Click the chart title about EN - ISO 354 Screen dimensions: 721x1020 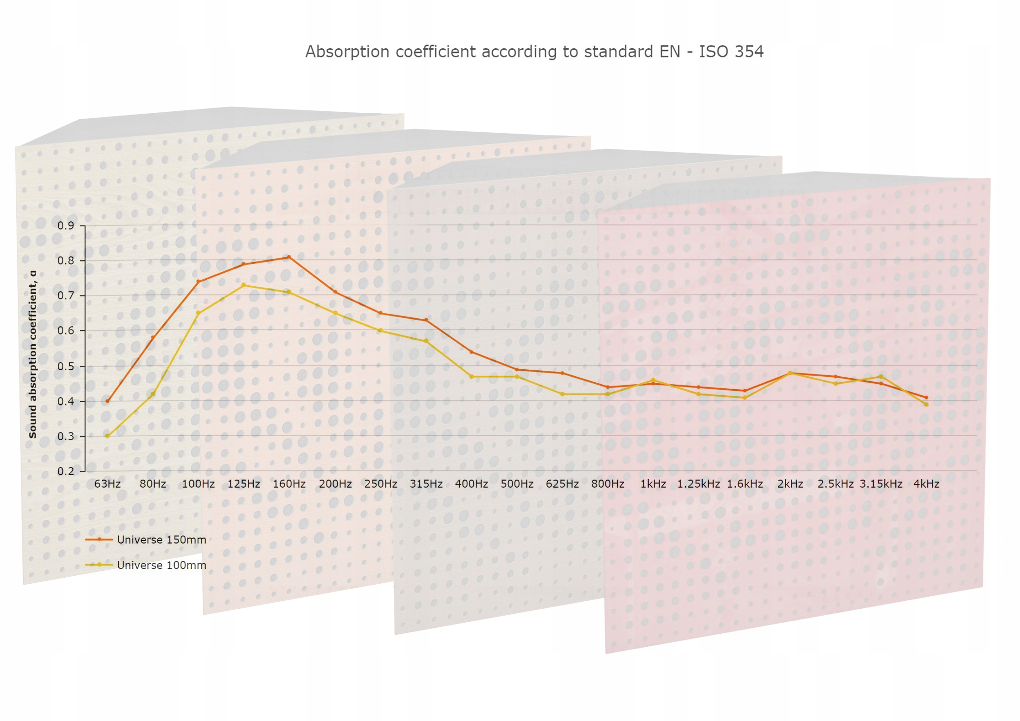(534, 51)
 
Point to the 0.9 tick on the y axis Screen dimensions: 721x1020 (66, 225)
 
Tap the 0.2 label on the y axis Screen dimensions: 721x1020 (66, 471)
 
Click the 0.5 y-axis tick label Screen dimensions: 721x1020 (66, 367)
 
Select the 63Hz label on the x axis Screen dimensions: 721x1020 (108, 484)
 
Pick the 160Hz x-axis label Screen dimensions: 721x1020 (289, 484)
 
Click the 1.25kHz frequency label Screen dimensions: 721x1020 (698, 484)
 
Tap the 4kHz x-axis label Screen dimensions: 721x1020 (926, 484)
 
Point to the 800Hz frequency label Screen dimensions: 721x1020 (608, 484)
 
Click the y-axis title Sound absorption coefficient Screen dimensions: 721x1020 (32, 354)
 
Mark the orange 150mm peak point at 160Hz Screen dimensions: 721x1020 (289, 257)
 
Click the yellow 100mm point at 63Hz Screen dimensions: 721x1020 (108, 436)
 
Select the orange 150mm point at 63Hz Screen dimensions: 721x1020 (108, 401)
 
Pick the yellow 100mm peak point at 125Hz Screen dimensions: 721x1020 (244, 285)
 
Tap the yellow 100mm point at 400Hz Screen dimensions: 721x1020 (472, 377)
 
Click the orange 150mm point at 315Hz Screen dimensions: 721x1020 (426, 320)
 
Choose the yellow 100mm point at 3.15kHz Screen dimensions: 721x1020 (881, 377)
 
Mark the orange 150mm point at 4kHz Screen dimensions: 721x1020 (926, 398)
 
